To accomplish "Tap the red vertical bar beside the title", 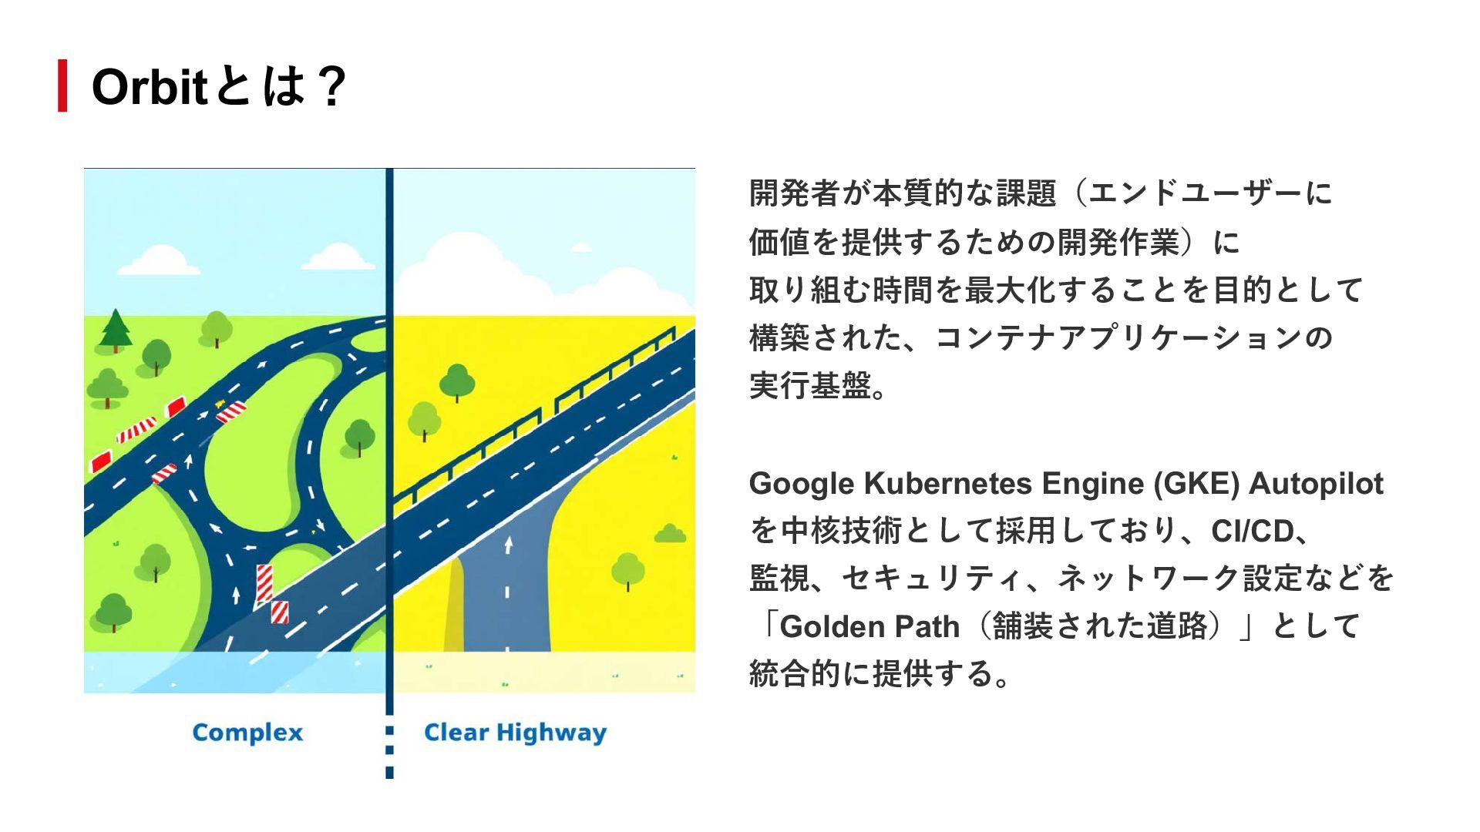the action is (62, 86).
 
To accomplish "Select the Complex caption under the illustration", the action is (247, 733).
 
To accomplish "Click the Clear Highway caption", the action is (515, 733).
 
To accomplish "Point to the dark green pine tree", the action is (116, 330).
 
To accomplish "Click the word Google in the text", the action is (802, 484).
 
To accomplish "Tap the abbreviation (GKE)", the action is (1196, 484).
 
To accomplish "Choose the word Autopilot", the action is (1316, 484).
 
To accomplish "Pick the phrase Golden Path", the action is (869, 626).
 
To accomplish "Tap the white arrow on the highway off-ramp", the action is (508, 544).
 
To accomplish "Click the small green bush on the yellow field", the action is (670, 534).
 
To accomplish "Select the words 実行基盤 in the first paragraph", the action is (809, 386).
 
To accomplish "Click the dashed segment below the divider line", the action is (389, 750).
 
